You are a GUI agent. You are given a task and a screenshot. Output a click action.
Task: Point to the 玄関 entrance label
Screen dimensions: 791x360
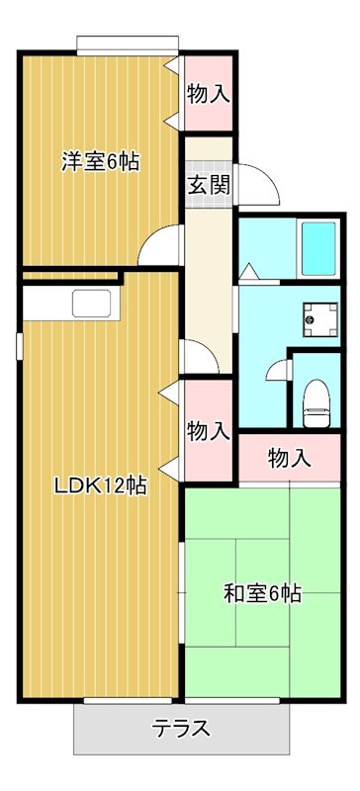(209, 185)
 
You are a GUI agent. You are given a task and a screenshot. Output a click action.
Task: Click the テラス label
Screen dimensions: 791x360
(181, 730)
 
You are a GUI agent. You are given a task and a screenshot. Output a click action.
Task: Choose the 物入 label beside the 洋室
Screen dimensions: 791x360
(209, 95)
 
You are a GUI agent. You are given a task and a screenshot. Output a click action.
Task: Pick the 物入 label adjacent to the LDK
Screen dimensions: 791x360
(209, 431)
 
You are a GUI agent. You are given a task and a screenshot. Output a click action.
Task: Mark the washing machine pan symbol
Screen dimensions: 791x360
(319, 317)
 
